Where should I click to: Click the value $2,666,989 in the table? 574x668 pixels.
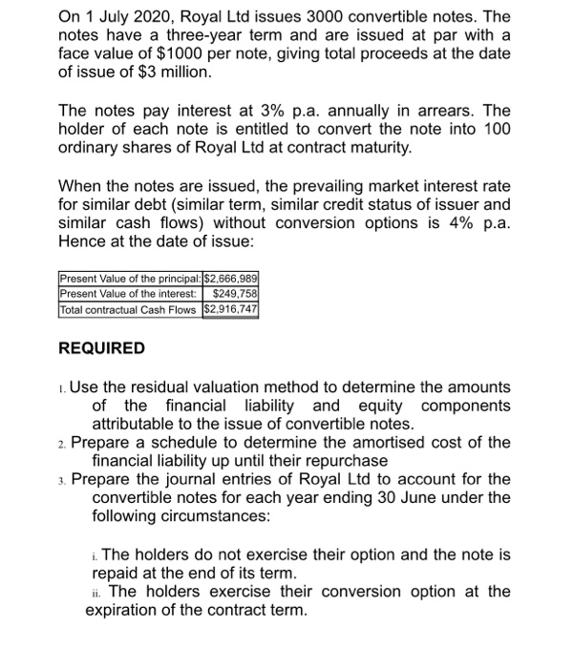tap(232, 278)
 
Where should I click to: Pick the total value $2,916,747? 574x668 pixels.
tap(232, 310)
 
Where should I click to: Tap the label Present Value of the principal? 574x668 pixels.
tap(131, 278)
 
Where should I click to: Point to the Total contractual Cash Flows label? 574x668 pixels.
tap(128, 310)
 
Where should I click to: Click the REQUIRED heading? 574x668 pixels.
tap(102, 348)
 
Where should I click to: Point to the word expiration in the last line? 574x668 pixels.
tap(132, 611)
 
